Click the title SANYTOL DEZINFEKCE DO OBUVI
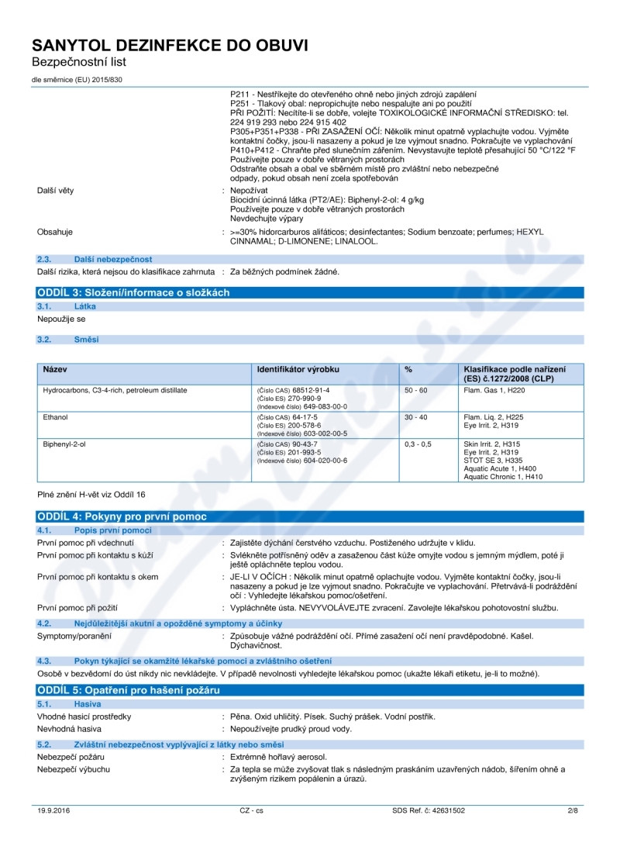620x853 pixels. [170, 46]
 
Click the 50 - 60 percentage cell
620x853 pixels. [416, 390]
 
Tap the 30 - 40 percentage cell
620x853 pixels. [416, 417]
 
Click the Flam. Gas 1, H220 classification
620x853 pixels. [491, 390]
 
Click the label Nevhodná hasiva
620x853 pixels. [70, 730]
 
